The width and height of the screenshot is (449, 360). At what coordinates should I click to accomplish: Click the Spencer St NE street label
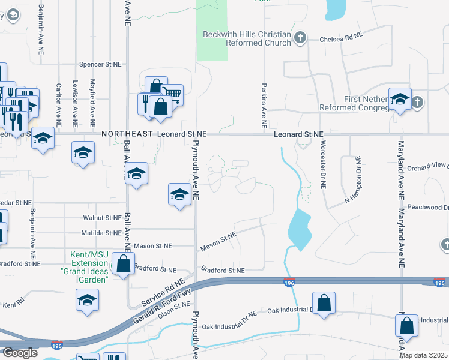tap(100, 64)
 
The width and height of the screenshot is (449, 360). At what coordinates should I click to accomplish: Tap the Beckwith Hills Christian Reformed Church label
tap(247, 38)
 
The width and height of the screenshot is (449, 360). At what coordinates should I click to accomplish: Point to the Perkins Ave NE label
tap(264, 104)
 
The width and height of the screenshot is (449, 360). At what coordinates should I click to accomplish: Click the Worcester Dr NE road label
tap(322, 166)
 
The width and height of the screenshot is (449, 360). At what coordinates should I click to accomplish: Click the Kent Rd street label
tap(13, 305)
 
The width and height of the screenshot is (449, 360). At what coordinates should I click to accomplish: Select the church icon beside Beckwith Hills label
tap(300, 38)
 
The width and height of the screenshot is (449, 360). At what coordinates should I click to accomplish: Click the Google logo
tap(19, 353)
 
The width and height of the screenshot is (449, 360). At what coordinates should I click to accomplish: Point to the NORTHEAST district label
tap(126, 134)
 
